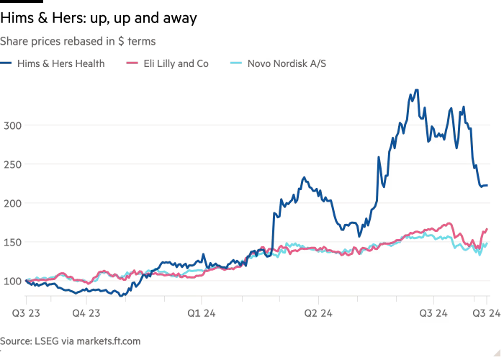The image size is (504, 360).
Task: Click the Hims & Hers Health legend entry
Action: (60, 63)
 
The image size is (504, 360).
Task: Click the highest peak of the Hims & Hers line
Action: (415, 90)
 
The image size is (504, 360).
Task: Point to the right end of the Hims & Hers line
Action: (487, 186)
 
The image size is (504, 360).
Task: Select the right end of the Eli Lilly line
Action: (487, 229)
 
